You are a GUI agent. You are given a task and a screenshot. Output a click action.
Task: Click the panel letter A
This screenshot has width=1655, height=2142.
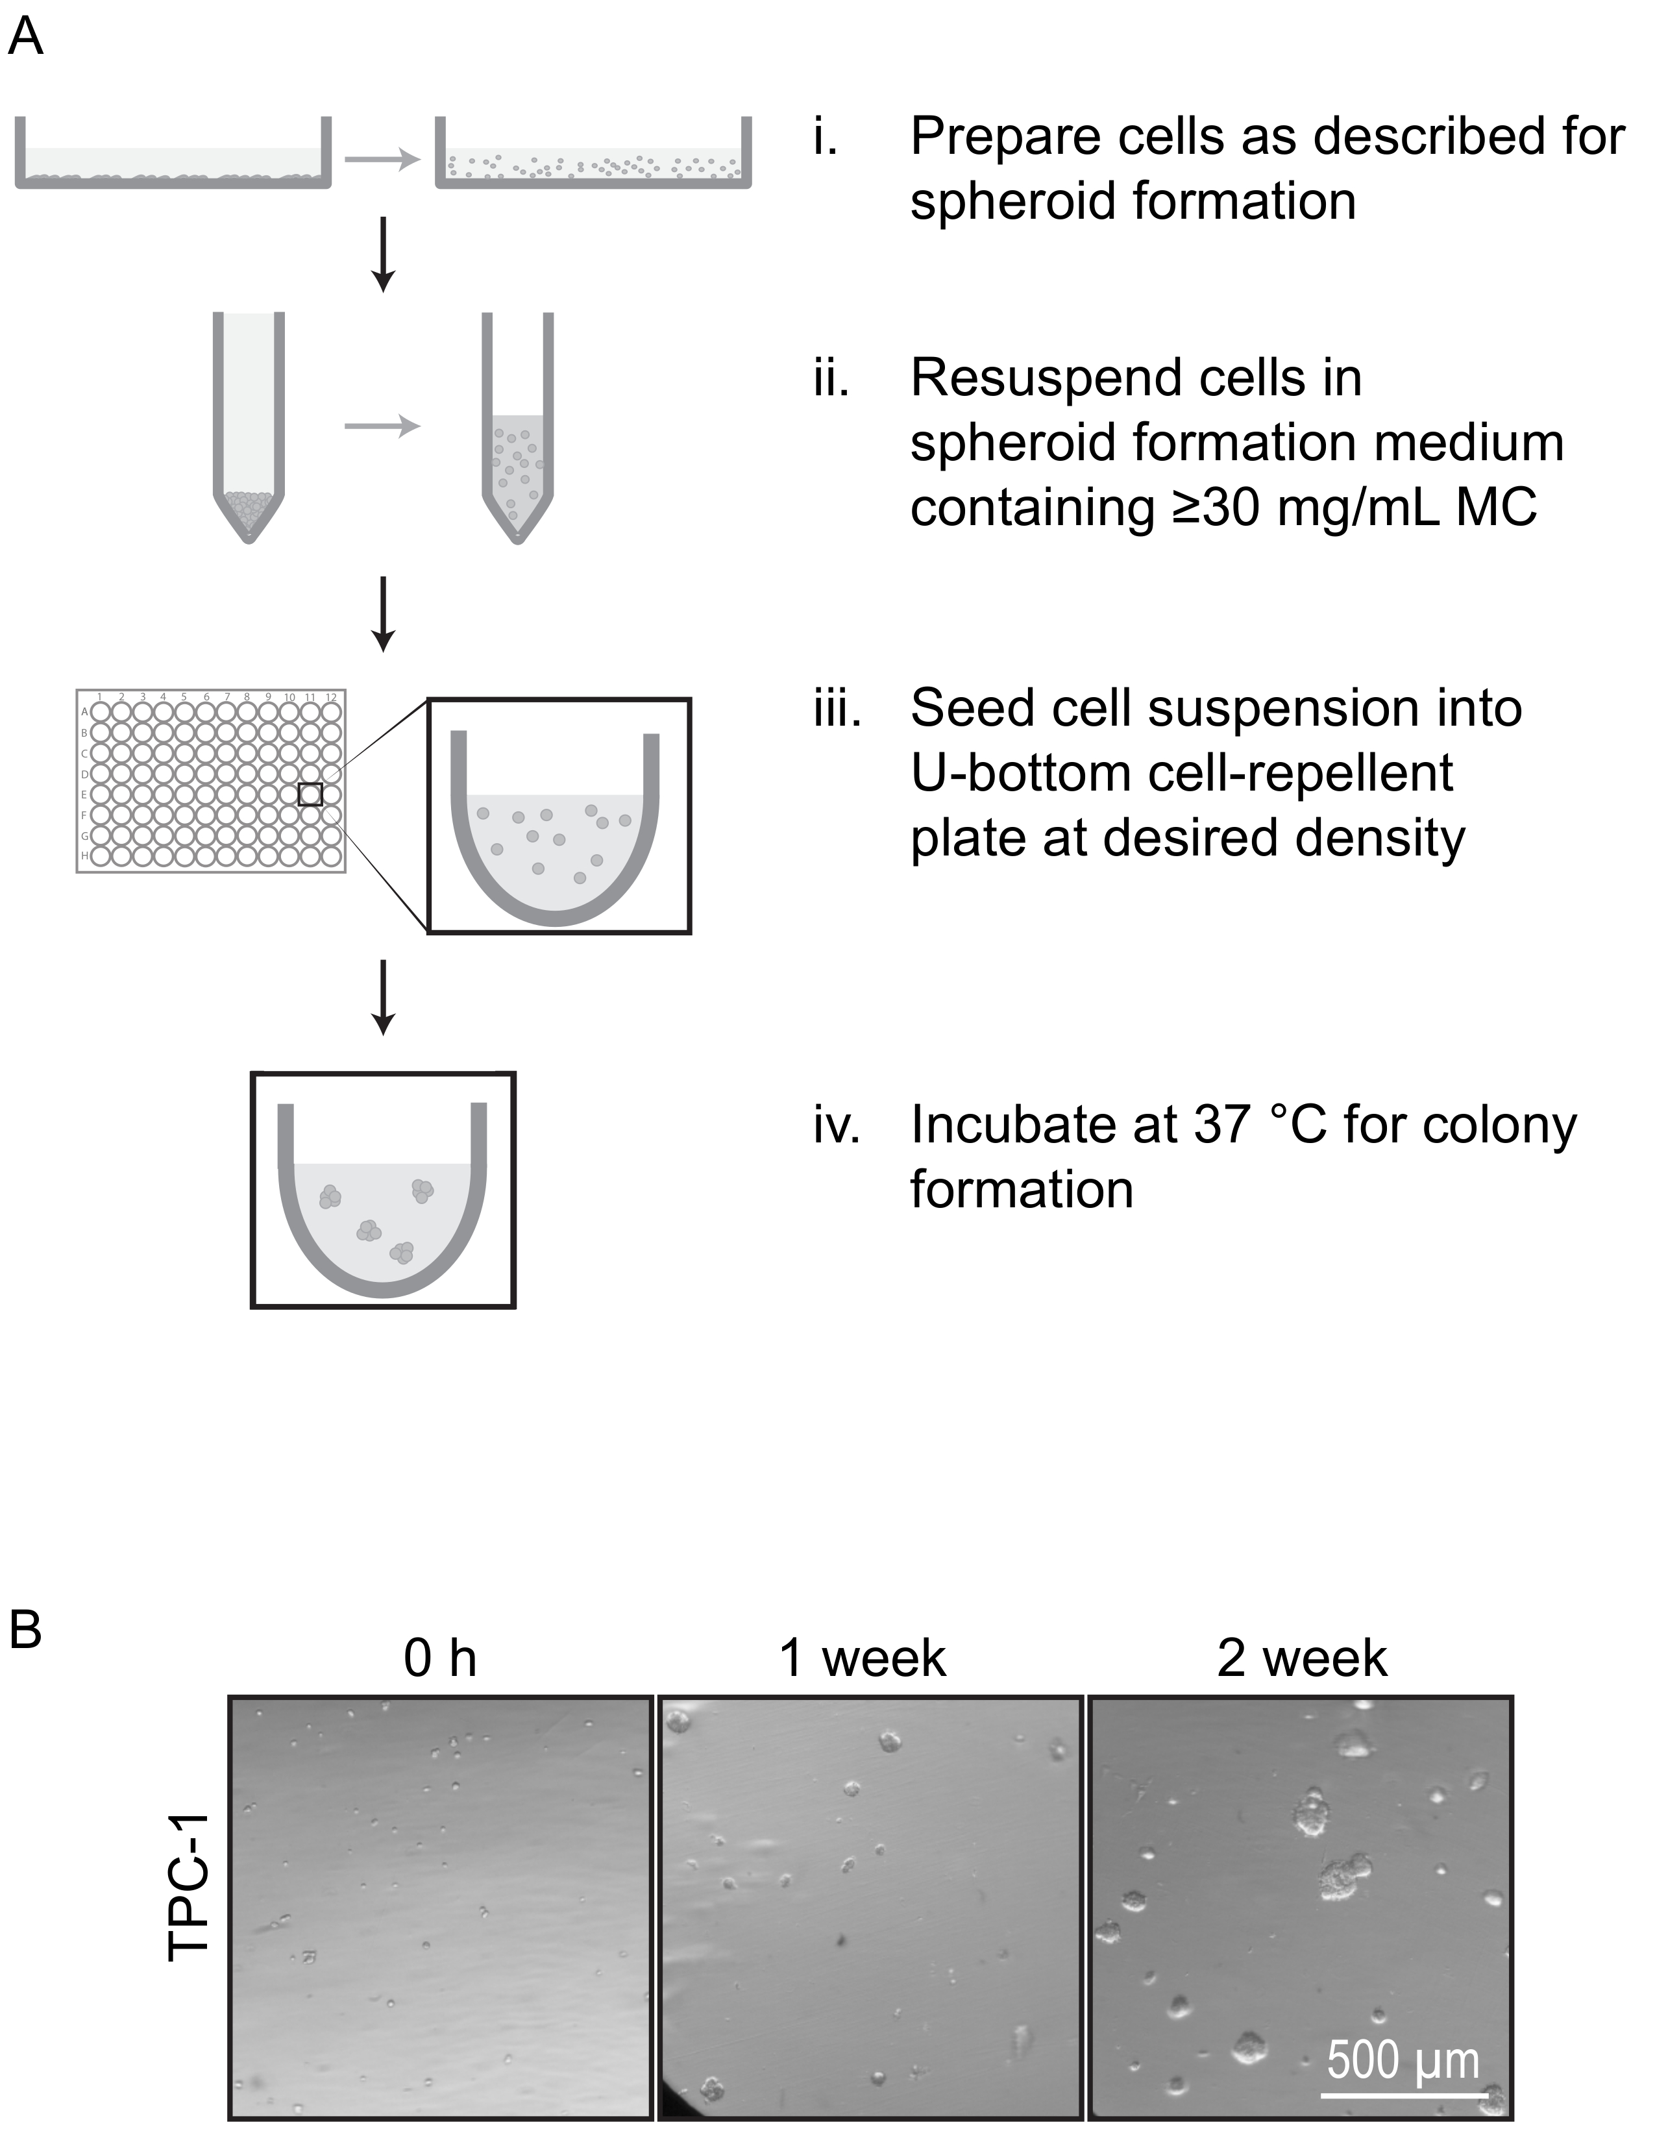[x=25, y=38]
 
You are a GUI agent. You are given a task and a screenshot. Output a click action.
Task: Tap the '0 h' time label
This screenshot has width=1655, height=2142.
[x=439, y=1658]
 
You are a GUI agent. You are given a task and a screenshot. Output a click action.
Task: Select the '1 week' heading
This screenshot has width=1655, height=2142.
[x=863, y=1658]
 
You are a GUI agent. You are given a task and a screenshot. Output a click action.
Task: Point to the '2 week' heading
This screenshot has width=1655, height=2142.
[x=1302, y=1658]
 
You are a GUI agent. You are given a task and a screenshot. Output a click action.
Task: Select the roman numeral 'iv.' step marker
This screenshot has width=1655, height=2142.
[x=837, y=1125]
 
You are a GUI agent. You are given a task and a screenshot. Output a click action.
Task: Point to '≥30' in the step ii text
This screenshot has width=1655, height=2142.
[x=1214, y=508]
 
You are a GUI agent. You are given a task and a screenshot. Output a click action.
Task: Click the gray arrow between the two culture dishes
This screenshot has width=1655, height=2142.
[x=382, y=159]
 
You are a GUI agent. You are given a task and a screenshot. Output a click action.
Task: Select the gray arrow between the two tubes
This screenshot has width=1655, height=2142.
[x=382, y=426]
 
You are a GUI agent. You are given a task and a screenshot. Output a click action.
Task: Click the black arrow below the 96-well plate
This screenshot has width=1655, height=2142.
[x=384, y=996]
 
